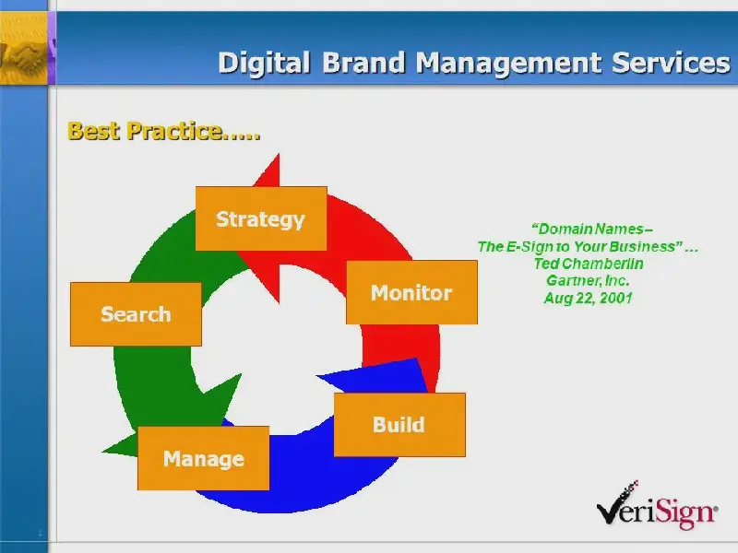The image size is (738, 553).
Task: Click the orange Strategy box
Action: tap(261, 218)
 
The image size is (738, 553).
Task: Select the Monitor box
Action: tap(411, 292)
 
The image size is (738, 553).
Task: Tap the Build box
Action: tap(399, 425)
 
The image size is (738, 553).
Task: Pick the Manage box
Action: tap(203, 458)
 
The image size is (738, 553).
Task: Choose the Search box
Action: tap(136, 314)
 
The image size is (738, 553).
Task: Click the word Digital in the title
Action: tap(264, 63)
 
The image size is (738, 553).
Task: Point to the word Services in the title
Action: tap(672, 63)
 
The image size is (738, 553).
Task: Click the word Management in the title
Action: tap(508, 64)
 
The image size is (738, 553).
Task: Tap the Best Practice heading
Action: tap(164, 131)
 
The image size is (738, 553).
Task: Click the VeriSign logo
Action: tap(657, 505)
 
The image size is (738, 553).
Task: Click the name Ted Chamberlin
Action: tap(589, 264)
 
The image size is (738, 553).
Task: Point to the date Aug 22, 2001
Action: tap(589, 298)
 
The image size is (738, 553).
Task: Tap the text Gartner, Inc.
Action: tap(588, 280)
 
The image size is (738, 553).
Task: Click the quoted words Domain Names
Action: tap(590, 229)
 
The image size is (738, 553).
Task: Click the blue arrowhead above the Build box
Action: tap(372, 375)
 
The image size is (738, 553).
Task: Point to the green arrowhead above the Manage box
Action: tap(222, 397)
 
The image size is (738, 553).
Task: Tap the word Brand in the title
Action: tap(363, 63)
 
